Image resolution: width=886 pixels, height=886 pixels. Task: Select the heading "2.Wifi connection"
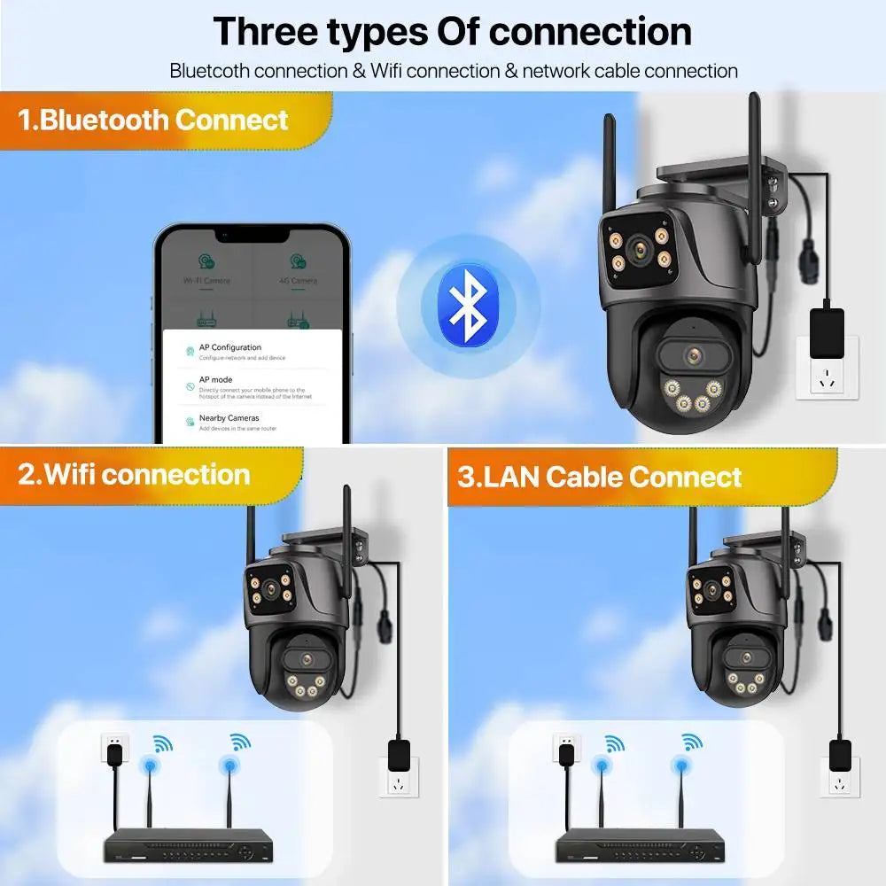pos(135,474)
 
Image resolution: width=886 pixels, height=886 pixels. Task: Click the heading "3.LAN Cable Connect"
pos(600,477)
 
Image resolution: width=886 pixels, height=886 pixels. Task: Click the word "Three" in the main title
pos(267,31)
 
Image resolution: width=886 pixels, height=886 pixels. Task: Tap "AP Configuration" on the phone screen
pos(230,347)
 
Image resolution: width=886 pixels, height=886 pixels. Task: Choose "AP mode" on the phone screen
pos(216,379)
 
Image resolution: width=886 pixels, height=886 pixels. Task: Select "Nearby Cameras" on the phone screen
pos(229,417)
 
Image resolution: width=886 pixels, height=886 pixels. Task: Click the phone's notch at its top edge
pos(253,236)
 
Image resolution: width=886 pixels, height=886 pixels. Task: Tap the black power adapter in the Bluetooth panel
pos(827,332)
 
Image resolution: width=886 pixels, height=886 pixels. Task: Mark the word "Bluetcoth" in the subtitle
pos(210,71)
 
